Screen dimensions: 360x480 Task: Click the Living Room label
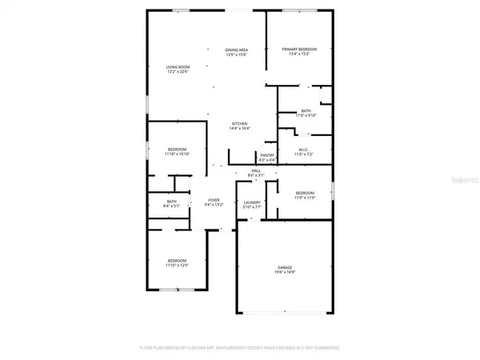pos(177,67)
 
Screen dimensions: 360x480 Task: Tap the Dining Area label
pos(238,50)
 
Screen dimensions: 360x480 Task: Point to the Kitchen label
pos(240,123)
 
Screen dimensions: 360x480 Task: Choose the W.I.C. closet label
pos(304,149)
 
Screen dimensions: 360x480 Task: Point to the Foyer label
pos(214,200)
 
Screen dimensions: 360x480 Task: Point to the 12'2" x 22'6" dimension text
pos(177,72)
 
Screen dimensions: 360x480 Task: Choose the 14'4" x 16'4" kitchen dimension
pos(240,128)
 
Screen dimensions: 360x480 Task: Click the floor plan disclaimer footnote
pos(240,349)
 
